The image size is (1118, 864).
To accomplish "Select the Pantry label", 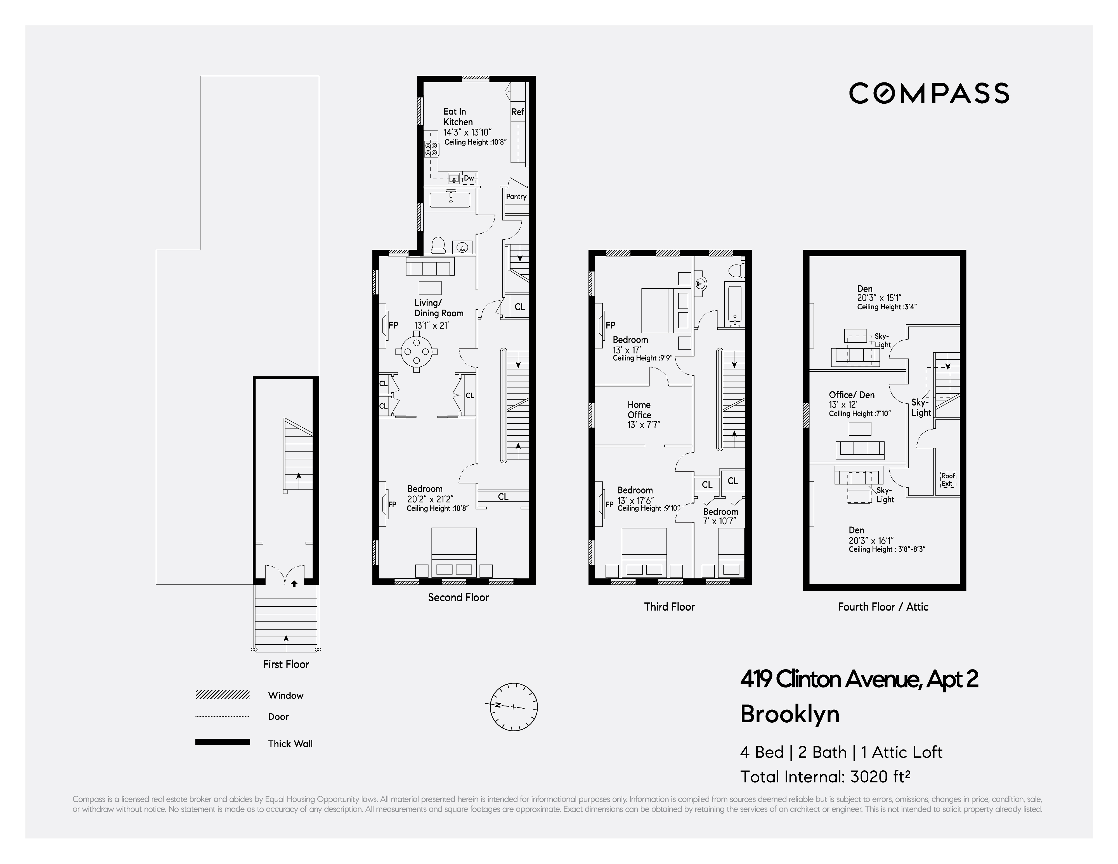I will point(516,196).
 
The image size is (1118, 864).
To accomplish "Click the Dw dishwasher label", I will point(468,178).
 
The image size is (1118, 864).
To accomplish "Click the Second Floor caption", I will point(458,597).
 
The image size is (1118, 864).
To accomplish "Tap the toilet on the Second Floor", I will point(438,246).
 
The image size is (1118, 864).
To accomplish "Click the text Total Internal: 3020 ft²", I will point(825,777).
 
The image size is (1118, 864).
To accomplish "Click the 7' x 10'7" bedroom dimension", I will point(720,521).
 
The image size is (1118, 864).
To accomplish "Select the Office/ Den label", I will point(851,395).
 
